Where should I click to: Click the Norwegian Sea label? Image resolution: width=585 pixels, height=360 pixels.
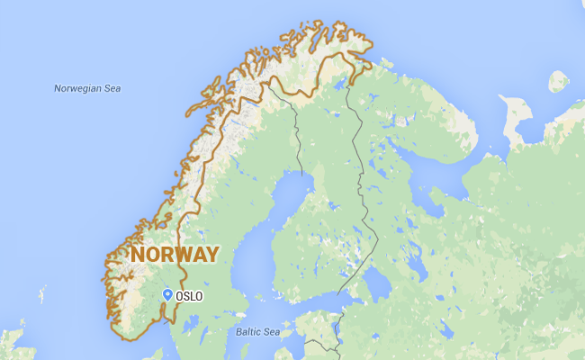(x=87, y=88)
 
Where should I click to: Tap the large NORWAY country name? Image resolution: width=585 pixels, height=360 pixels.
(x=175, y=254)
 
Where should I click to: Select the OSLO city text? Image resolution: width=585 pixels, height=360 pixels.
(x=190, y=296)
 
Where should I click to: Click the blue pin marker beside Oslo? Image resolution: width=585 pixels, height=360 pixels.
(x=167, y=294)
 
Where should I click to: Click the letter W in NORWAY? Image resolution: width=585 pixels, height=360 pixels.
(x=184, y=254)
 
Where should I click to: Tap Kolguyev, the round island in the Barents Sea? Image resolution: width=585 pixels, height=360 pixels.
(x=558, y=81)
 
